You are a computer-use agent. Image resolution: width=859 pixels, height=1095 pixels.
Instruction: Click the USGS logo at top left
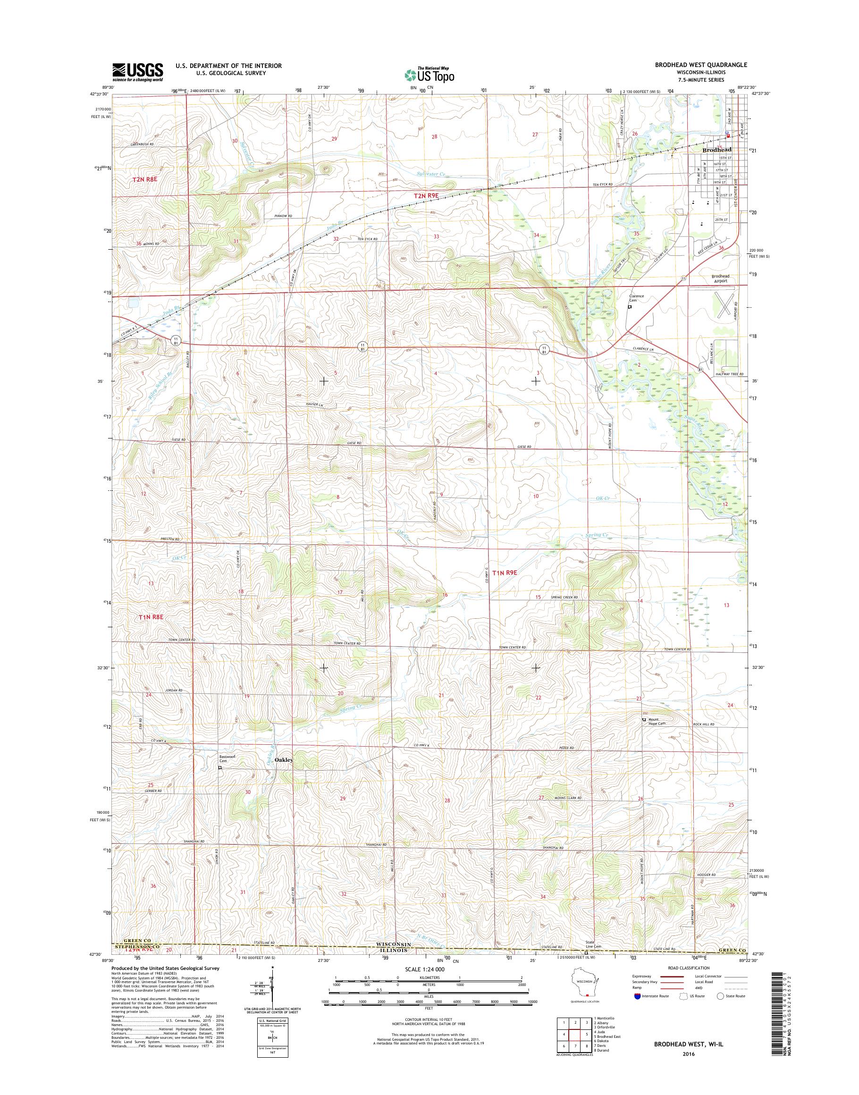click(x=137, y=72)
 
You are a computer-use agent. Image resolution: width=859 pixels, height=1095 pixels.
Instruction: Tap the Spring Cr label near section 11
click(x=597, y=535)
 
